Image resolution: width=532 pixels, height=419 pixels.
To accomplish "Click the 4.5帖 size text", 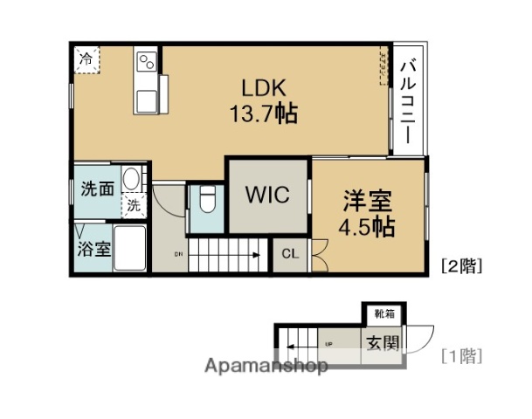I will (367, 228).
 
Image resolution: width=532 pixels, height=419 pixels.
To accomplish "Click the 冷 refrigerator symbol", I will (86, 58).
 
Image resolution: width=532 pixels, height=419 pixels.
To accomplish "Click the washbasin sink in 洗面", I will (132, 180).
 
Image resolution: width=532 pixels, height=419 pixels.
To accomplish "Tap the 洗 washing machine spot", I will (133, 206).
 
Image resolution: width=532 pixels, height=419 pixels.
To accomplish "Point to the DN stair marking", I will (179, 254).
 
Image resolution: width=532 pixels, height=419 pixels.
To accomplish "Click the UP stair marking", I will (328, 342).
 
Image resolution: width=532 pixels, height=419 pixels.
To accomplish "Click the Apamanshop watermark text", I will (266, 367).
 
